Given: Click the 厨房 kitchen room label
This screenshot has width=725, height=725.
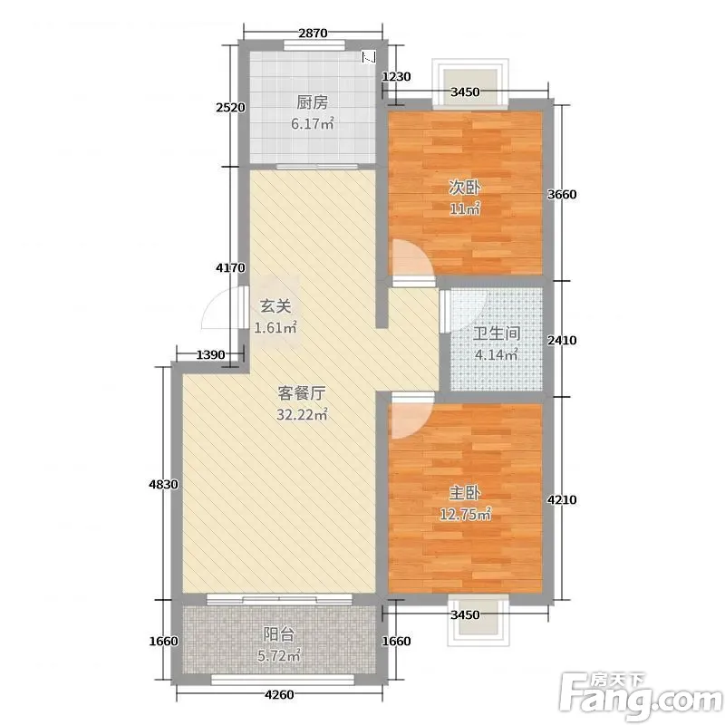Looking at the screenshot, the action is tap(312, 102).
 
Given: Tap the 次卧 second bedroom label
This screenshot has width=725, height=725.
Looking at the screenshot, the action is tap(465, 188).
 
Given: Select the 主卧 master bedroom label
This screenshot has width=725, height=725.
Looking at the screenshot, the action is tap(465, 493).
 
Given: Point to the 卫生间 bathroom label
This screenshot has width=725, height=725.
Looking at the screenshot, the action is tap(497, 333).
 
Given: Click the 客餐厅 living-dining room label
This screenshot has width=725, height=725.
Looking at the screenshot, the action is tap(302, 393).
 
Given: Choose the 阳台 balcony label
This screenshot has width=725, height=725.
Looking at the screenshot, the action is tap(279, 634).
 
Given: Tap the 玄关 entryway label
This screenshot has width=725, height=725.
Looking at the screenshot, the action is tap(275, 306).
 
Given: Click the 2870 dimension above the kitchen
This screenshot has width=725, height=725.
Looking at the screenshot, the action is tap(313, 33).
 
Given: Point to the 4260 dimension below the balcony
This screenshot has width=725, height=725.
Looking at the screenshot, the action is tap(279, 694).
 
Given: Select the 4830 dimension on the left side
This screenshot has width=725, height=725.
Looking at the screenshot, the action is tap(163, 485).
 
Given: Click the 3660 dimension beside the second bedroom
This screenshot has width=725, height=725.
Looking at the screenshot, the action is tap(562, 195).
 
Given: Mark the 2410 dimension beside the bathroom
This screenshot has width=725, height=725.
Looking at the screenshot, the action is tap(562, 341).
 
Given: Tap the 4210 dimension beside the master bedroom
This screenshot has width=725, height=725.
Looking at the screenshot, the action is tap(562, 500).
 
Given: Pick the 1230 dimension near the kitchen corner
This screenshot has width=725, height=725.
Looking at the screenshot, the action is tap(396, 76).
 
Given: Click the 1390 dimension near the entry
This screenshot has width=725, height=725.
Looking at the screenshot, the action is tap(211, 354).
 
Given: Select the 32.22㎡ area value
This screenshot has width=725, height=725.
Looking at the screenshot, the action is tap(302, 414).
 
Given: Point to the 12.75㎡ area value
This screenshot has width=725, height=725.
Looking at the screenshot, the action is tap(465, 514).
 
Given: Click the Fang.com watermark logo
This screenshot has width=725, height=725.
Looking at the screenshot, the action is tap(642, 697).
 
